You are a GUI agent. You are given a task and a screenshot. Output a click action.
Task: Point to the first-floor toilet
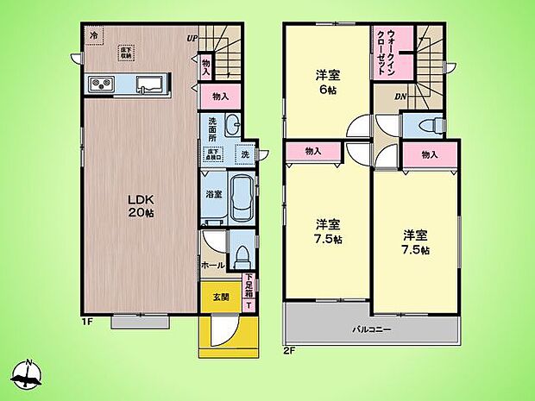click(x=242, y=255)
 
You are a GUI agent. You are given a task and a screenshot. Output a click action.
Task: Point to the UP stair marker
click(x=192, y=38)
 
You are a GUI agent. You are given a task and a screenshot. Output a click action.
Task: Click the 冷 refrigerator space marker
click(x=93, y=35)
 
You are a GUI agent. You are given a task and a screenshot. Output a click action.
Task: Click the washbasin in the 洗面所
click(x=229, y=127)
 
